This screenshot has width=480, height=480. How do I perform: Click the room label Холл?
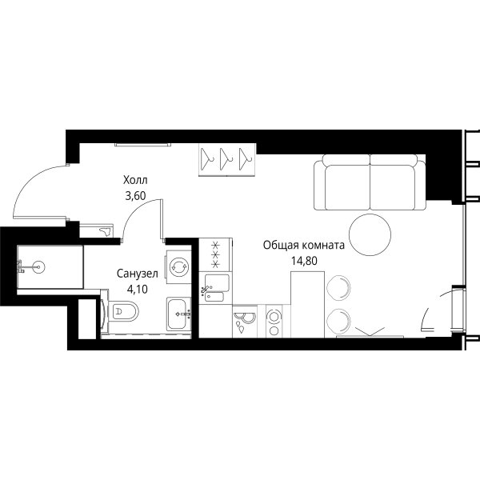135,180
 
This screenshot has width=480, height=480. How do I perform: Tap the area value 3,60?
135,196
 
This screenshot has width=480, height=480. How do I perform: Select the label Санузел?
138,274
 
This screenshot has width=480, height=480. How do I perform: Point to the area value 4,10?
138,289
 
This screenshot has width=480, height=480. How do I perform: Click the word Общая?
281,246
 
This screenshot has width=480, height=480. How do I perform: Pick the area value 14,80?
304,261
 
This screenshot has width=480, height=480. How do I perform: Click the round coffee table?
370,234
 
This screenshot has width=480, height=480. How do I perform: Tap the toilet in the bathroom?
122,312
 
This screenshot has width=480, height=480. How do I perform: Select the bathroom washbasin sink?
178,314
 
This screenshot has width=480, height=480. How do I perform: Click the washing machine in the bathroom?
178,267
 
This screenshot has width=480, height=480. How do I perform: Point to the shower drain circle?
39,266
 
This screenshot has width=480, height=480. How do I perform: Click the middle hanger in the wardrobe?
226,159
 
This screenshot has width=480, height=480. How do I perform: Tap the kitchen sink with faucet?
215,288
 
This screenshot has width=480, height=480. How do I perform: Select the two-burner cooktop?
274,322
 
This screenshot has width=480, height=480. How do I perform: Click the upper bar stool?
338,288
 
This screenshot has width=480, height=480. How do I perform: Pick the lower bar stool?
338,321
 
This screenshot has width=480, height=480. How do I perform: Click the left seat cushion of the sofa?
347,187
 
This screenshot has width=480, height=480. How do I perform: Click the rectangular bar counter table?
307,304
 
